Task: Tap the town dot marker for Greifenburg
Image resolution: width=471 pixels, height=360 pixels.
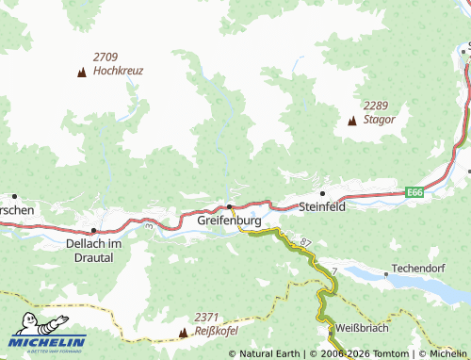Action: [x=229, y=206]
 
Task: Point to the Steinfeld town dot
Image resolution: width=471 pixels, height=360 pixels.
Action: [x=323, y=193]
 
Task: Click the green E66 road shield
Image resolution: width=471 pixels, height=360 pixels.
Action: [x=414, y=192]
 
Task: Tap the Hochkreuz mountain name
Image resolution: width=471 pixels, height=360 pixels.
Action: [x=118, y=71]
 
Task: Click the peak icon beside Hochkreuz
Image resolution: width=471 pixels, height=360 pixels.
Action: [x=82, y=72]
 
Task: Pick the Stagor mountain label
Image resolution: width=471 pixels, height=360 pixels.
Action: [x=379, y=120]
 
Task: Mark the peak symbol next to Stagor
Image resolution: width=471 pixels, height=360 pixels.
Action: [x=352, y=121]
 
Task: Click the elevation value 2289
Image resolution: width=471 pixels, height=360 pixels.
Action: [x=377, y=106]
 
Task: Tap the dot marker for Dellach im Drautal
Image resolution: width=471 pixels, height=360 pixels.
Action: [x=93, y=230]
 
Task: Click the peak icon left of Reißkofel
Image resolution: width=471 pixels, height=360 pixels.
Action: [x=183, y=333]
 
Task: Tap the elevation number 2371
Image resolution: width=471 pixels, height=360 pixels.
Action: [x=206, y=318]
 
